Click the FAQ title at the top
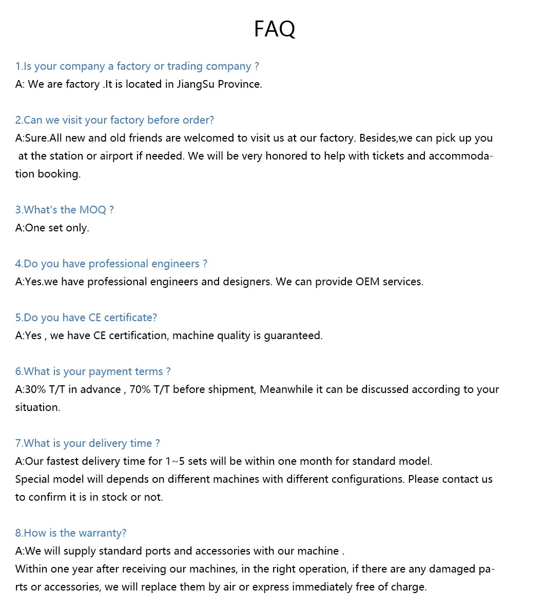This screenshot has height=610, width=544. pos(275,29)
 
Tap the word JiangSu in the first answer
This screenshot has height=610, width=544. pos(196,84)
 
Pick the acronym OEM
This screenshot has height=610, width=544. pos(368,282)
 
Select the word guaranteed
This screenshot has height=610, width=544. pos(293,336)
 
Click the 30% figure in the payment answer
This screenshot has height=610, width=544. pos(35,389)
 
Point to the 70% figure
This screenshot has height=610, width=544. pos(140,389)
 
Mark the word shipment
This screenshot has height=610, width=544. pos(230,389)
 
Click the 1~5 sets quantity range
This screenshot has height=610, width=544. pos(186,461)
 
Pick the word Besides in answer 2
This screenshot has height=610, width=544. pos(378,138)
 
